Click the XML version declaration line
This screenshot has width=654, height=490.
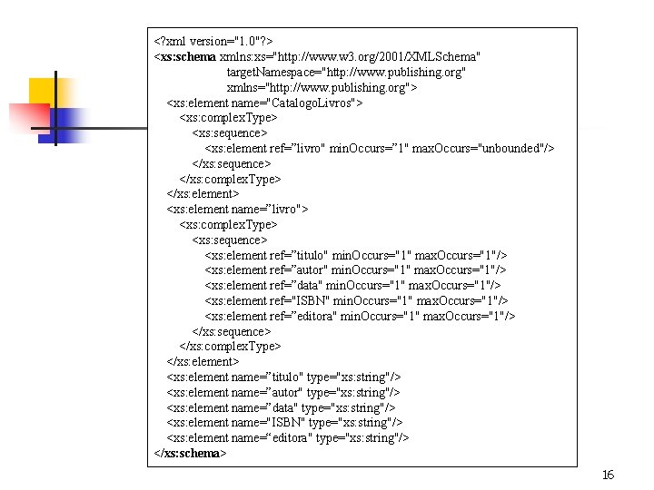(x=214, y=42)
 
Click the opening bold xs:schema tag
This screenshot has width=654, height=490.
(x=185, y=56)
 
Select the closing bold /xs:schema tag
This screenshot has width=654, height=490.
(x=191, y=453)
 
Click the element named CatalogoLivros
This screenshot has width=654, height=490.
(x=264, y=103)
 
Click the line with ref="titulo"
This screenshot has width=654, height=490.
(x=356, y=255)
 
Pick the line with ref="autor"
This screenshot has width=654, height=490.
(x=355, y=270)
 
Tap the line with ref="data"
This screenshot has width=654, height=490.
(x=352, y=285)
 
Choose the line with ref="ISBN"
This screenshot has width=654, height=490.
(x=356, y=300)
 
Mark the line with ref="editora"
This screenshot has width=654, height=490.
(x=360, y=316)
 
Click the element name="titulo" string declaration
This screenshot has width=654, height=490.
(x=283, y=377)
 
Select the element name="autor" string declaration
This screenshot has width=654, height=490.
(x=282, y=392)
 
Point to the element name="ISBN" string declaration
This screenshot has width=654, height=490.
(x=283, y=422)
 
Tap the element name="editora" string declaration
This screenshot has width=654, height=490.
(x=288, y=437)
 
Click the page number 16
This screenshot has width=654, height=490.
(x=608, y=475)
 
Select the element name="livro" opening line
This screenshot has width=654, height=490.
(x=237, y=209)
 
